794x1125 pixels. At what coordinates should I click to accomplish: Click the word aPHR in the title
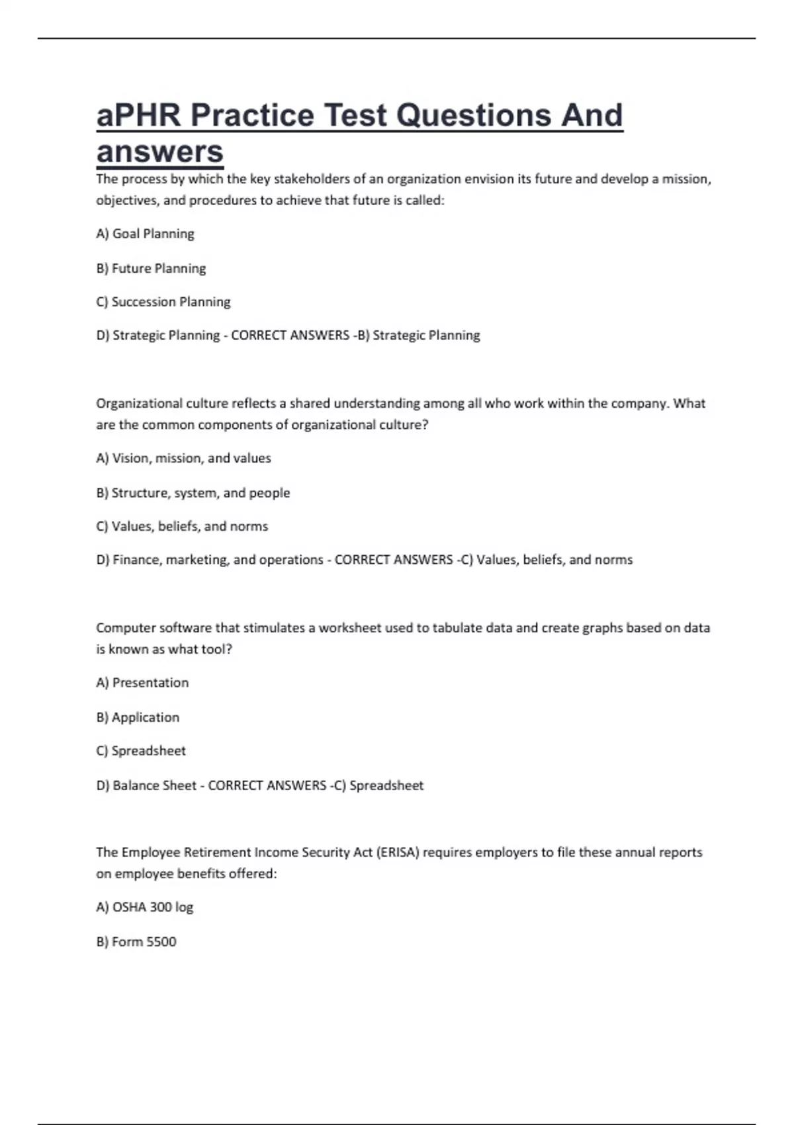[x=138, y=115]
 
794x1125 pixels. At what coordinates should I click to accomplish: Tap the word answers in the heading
[x=160, y=152]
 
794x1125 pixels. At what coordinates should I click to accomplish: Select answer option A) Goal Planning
[x=145, y=234]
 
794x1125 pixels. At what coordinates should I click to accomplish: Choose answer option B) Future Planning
[x=151, y=268]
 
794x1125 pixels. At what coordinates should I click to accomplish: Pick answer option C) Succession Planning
[x=163, y=302]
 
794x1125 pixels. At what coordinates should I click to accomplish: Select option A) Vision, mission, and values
[x=183, y=458]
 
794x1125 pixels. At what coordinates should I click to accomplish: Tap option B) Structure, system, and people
[x=193, y=492]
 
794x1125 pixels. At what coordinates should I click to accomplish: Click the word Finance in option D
[x=136, y=560]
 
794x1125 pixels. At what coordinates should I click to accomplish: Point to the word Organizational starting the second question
[x=139, y=403]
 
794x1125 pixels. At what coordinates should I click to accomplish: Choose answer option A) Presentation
[x=142, y=682]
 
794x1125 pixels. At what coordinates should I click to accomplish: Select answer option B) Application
[x=138, y=717]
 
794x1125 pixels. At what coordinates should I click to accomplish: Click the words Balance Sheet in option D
[x=154, y=786]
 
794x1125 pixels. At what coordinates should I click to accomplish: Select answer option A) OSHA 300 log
[x=145, y=907]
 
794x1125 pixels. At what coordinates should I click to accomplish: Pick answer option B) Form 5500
[x=136, y=942]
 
